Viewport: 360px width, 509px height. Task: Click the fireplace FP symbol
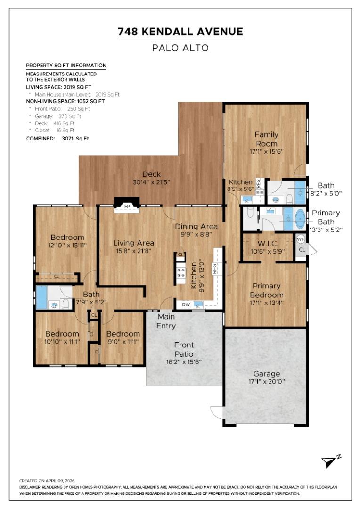point(127,206)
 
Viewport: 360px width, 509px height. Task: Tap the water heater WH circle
point(301,239)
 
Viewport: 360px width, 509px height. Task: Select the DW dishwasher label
point(186,304)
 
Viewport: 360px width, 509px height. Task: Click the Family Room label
point(267,139)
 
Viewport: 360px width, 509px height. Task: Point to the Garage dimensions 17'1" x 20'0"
point(267,381)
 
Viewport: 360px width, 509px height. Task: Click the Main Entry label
point(166,321)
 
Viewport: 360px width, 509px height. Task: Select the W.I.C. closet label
point(268,244)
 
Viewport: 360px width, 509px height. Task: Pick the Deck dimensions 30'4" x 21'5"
point(151,182)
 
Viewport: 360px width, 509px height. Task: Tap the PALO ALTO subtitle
point(180,48)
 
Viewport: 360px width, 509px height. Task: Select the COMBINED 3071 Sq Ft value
point(75,138)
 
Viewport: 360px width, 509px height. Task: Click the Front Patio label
point(184,349)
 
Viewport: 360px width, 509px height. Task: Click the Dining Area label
point(196,227)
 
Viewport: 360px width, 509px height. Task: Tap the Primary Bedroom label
point(267,290)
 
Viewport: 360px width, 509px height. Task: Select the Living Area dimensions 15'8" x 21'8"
point(133,251)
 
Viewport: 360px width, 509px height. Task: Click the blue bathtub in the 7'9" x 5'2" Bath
point(41,297)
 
